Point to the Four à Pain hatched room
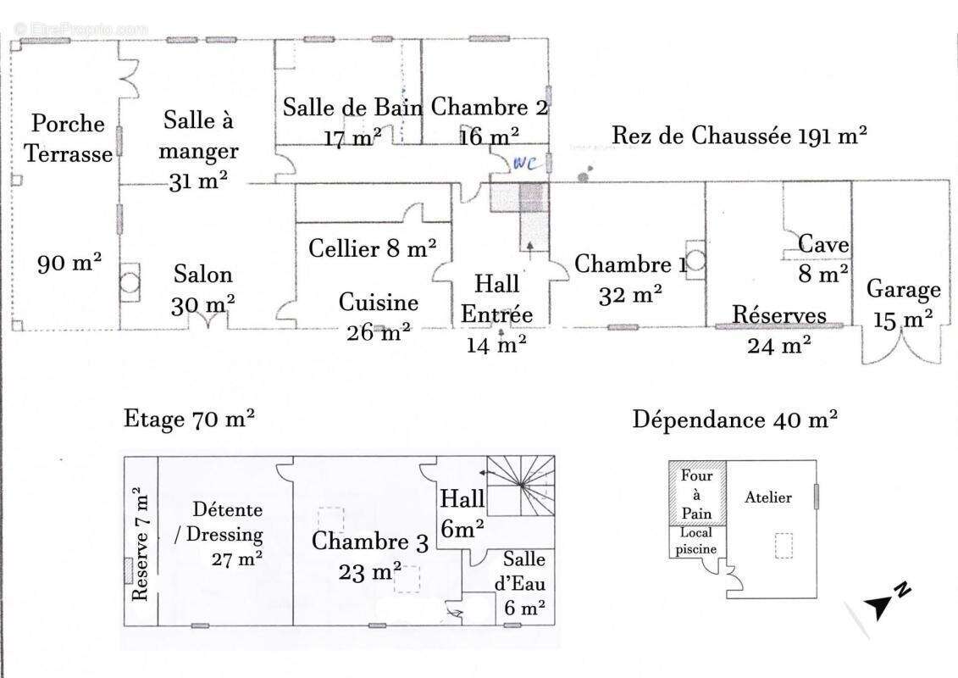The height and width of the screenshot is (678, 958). click(x=696, y=494)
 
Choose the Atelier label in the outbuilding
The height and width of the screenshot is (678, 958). click(x=768, y=497)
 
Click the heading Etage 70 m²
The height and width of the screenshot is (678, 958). click(x=190, y=418)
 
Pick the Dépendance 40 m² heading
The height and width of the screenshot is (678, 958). click(x=735, y=420)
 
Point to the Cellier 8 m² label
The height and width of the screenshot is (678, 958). click(x=373, y=248)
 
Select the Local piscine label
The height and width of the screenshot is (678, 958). click(x=697, y=541)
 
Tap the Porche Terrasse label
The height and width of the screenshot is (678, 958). click(x=68, y=138)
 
